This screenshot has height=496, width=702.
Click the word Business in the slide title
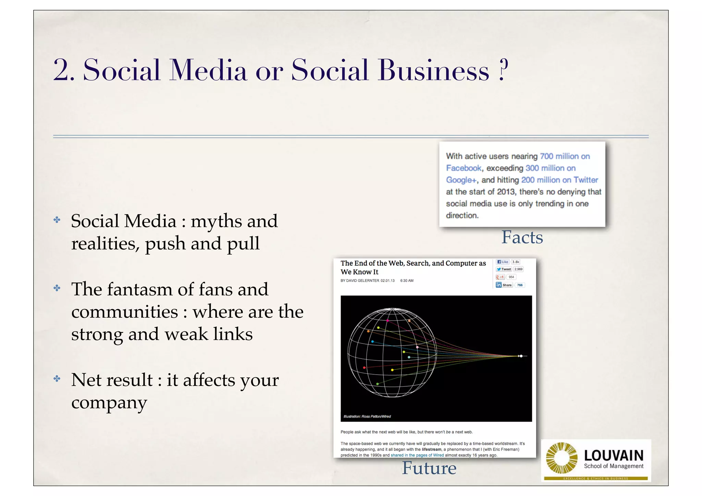pos(433,70)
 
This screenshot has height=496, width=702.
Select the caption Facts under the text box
pos(522,237)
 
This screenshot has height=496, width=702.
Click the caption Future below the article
pos(429,468)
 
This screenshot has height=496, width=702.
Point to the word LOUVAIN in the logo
pos(614,456)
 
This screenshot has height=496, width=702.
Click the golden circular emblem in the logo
pos(561,458)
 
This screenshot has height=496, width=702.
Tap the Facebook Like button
pos(503,262)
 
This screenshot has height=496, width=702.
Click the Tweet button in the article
pos(504,269)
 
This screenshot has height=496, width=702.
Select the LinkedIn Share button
pos(504,285)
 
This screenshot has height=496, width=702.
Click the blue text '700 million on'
pos(565,156)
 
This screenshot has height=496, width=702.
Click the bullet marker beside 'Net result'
pos(57,379)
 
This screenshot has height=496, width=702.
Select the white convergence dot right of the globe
pos(521,356)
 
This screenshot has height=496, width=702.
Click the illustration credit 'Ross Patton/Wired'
pos(376,416)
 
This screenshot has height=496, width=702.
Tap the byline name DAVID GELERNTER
pos(363,281)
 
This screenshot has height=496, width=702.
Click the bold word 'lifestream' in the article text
pos(431,449)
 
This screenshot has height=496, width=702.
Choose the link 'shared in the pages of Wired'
pos(417,455)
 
